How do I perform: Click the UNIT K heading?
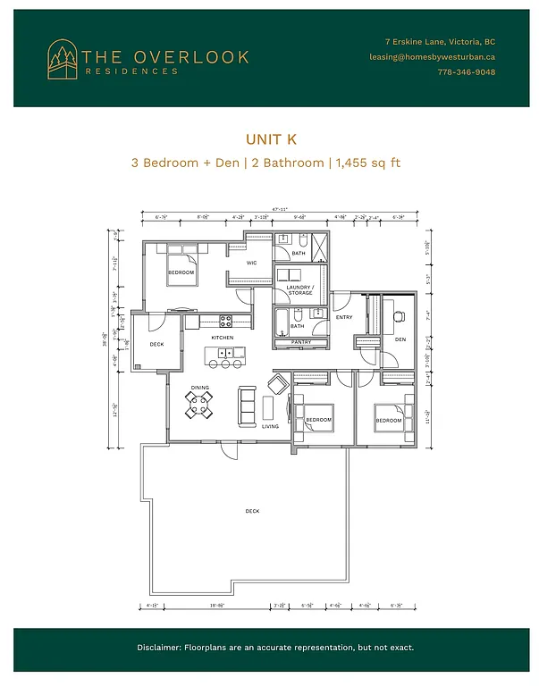tap(270, 139)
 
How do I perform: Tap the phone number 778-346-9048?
tap(464, 71)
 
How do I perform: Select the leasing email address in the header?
tap(432, 56)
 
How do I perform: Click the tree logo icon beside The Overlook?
tap(63, 57)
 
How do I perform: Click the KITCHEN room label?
tap(223, 338)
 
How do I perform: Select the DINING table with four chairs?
tap(200, 405)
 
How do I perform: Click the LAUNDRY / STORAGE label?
tap(299, 290)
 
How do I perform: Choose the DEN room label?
tap(400, 339)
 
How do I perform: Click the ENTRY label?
tap(344, 317)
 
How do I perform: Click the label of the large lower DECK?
tap(252, 511)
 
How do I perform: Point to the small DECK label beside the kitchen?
tap(156, 344)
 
